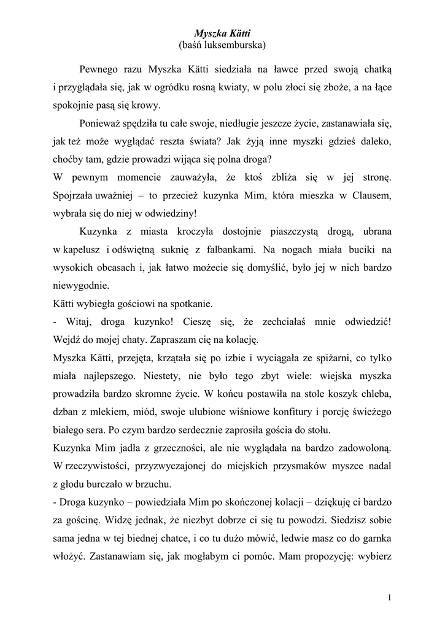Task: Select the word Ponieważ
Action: (101, 123)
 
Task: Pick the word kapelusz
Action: (83, 250)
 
